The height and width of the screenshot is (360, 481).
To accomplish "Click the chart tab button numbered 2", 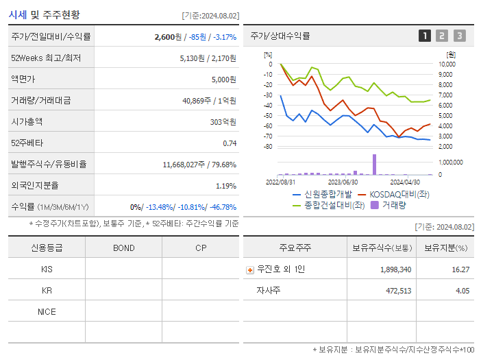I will pos(442,36).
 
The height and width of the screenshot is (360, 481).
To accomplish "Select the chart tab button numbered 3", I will pos(459,36).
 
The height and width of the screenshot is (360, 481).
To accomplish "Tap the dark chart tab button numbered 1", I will pos(425,36).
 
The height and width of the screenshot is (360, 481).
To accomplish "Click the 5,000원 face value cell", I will pos(223,80).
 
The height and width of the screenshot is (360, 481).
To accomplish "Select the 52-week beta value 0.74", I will pos(230,143).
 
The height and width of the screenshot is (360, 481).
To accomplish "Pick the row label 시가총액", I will pos(27,122).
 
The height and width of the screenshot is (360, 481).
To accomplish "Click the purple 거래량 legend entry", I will pos(393,204).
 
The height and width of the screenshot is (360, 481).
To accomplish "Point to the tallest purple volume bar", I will pos(375,165).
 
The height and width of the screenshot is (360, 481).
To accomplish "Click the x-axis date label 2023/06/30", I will pos(343,182).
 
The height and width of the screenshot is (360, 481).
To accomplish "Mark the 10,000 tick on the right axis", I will pos(446,64).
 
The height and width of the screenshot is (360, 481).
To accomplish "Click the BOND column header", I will pos(123,248).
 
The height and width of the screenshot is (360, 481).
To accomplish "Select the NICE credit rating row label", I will pos(47,311).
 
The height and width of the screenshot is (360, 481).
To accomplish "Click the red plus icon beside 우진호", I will pos(249,269).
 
